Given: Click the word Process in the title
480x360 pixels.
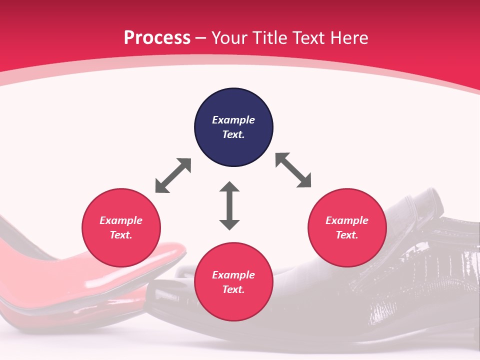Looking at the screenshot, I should [157, 38].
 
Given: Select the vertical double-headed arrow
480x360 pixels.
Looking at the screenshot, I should [229, 205].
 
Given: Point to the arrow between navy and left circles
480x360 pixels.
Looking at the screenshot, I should [173, 175].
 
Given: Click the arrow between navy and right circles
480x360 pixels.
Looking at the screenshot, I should [293, 170].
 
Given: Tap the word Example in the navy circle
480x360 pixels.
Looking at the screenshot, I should [233, 120].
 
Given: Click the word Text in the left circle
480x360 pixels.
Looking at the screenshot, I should [120, 235].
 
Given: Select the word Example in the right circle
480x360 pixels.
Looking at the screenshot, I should [347, 220].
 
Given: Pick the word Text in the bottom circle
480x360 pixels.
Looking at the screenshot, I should [233, 289].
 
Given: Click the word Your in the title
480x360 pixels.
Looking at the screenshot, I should [228, 38].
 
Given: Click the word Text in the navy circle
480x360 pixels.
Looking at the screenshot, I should [233, 134].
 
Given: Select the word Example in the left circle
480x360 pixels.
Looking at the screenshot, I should [121, 220].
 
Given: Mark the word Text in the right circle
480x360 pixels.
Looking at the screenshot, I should [346, 235].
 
